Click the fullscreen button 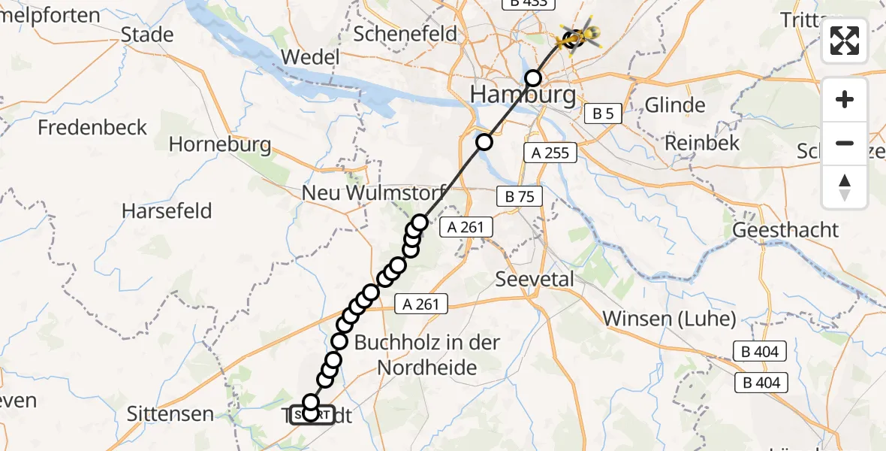click(x=845, y=41)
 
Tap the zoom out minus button click(x=845, y=143)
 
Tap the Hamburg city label click(x=523, y=95)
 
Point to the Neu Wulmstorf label click(x=375, y=192)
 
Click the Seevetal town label click(x=535, y=279)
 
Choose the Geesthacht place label click(x=785, y=230)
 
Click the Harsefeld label click(x=167, y=210)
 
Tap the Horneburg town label click(x=220, y=144)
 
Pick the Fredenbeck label click(x=93, y=127)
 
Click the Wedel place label click(x=311, y=58)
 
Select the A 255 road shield click(x=550, y=153)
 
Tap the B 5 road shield click(x=603, y=114)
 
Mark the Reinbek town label click(x=703, y=143)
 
